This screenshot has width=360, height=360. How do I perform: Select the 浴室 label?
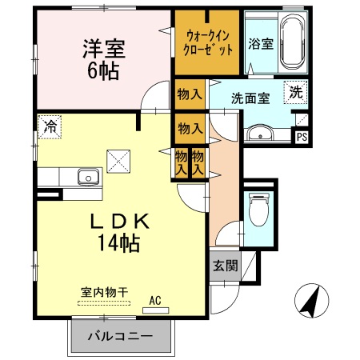(261, 44)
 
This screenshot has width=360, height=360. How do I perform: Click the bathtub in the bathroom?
(292, 42)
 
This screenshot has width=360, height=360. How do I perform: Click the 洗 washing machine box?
(296, 92)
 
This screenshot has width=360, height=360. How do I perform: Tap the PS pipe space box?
(302, 137)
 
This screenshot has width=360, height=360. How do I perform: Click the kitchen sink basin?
(87, 176)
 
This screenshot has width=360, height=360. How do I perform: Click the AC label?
(155, 300)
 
